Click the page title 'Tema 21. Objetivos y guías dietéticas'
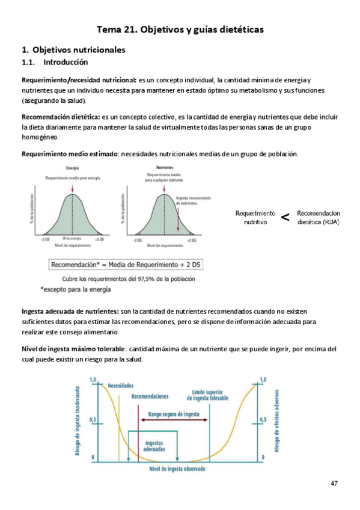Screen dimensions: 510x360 point(180,29)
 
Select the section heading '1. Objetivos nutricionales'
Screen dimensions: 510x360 point(73,50)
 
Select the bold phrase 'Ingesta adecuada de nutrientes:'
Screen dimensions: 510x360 point(70,312)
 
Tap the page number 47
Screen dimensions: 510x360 point(335,484)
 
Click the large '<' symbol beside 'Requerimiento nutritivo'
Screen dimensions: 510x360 point(285,218)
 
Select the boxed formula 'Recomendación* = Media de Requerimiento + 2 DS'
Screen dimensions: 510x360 point(124,264)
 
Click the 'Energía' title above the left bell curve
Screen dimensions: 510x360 point(73,168)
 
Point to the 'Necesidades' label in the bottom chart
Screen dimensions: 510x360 point(121,386)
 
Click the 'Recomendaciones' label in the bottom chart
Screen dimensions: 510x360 point(150,396)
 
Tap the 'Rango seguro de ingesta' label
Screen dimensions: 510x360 point(174,414)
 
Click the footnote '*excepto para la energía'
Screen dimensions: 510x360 point(76,289)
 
